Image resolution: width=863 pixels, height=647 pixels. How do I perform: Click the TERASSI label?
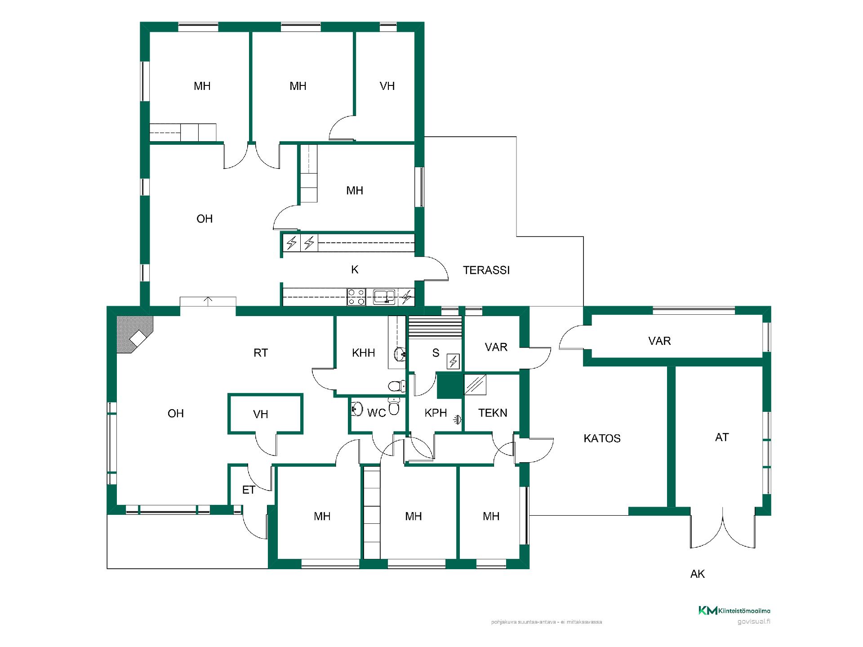pyautogui.click(x=486, y=270)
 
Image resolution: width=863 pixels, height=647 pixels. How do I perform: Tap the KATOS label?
pyautogui.click(x=602, y=438)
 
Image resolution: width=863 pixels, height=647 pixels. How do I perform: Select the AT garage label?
pyautogui.click(x=722, y=437)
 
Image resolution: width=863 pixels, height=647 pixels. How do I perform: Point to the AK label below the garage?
pyautogui.click(x=698, y=574)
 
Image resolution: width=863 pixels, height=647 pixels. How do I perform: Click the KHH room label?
pyautogui.click(x=364, y=353)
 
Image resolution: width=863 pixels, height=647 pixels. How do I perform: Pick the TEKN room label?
pyautogui.click(x=493, y=413)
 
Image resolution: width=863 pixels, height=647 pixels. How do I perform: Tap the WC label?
pyautogui.click(x=377, y=413)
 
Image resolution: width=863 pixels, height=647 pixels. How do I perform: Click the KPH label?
pyautogui.click(x=436, y=413)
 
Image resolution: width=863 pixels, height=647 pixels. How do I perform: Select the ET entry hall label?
pyautogui.click(x=249, y=490)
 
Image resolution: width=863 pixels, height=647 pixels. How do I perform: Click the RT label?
pyautogui.click(x=261, y=353)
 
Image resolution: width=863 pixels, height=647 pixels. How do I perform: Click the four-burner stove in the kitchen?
pyautogui.click(x=356, y=297)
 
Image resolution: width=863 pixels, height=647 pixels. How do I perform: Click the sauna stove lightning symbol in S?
pyautogui.click(x=453, y=361)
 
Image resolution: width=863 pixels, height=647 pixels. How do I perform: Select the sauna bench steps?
pyautogui.click(x=435, y=326)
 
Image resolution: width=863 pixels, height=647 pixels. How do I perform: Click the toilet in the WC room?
pyautogui.click(x=394, y=407)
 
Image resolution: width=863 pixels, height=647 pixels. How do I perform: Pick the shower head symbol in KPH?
pyautogui.click(x=457, y=419)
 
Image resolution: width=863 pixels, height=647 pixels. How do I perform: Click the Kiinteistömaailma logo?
pyautogui.click(x=734, y=611)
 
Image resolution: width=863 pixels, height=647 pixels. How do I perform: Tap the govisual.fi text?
pyautogui.click(x=754, y=622)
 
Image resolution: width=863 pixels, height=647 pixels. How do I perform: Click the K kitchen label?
pyautogui.click(x=355, y=270)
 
